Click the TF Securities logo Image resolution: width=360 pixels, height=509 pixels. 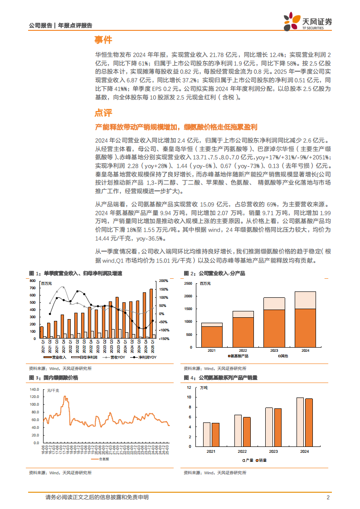(308, 21)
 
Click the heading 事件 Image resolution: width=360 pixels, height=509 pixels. (103, 40)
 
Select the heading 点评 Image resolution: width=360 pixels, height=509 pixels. (103, 113)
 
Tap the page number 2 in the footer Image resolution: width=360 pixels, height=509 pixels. (327, 497)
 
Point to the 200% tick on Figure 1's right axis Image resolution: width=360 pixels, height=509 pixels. (164, 281)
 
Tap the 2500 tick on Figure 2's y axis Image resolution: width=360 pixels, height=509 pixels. (189, 283)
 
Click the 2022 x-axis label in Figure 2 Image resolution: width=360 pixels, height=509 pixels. (243, 350)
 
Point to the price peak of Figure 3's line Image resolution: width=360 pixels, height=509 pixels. (65, 397)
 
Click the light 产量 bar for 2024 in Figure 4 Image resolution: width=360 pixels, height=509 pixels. (300, 422)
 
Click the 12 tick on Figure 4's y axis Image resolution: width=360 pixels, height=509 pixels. (189, 388)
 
